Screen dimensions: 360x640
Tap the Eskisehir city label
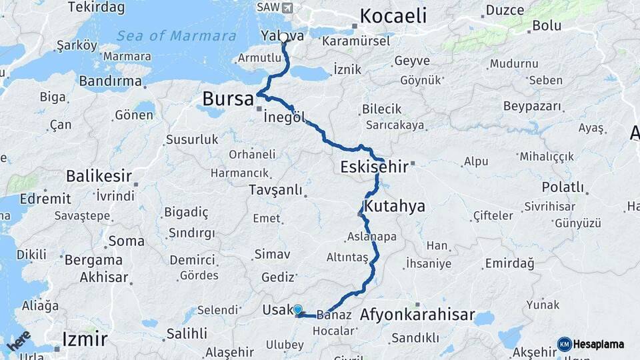[x=373, y=166]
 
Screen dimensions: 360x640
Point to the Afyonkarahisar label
[x=417, y=314]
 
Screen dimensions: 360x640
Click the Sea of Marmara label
[x=176, y=35]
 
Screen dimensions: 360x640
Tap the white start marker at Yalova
[x=283, y=38]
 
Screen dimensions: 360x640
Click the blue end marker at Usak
[x=297, y=309]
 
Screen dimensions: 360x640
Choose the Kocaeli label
[x=393, y=16]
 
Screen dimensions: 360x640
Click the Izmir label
[x=84, y=339]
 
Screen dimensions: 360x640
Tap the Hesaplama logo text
[x=599, y=344]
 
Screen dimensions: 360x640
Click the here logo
[x=19, y=340]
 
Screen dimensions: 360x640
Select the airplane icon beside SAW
[x=287, y=7]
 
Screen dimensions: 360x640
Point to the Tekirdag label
[x=96, y=7]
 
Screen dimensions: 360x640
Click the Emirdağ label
[x=509, y=263]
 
